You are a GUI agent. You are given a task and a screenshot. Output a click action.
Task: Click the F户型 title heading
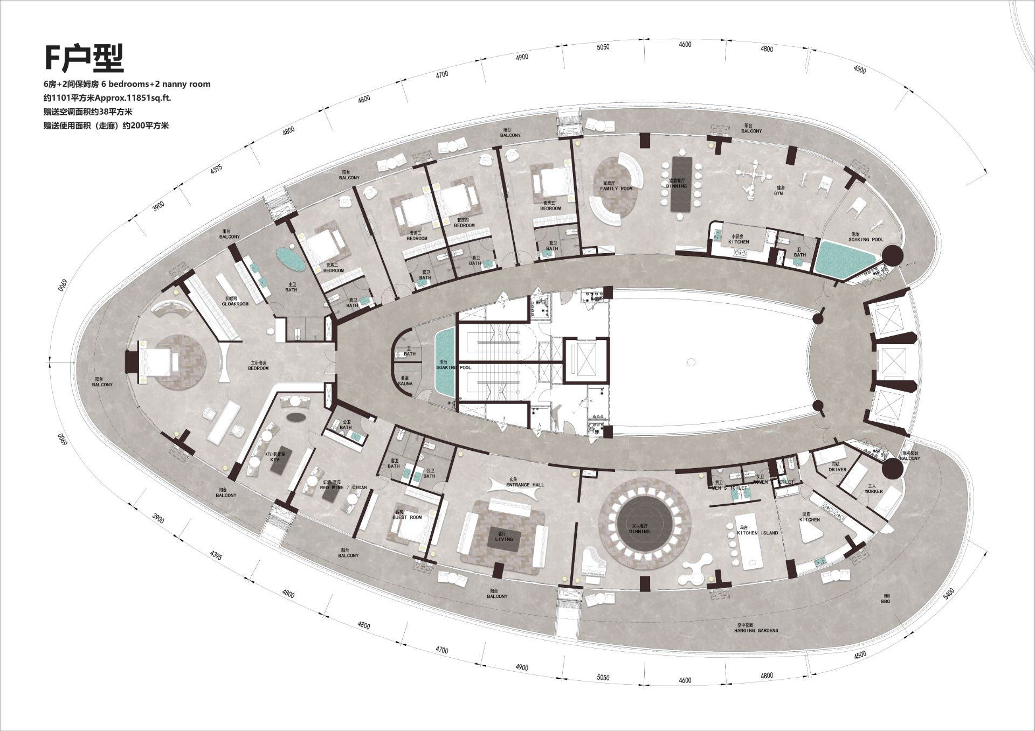point(84,58)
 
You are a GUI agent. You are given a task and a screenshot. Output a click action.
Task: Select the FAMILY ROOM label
point(617,189)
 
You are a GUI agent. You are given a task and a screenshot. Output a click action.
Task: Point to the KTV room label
point(275,461)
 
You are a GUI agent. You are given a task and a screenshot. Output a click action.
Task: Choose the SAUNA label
point(405,384)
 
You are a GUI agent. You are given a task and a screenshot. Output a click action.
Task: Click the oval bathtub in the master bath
point(291,259)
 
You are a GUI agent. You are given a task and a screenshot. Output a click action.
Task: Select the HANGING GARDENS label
point(756,630)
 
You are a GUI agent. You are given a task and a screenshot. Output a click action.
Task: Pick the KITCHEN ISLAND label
point(757,533)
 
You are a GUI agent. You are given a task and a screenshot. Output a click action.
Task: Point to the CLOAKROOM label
point(235,304)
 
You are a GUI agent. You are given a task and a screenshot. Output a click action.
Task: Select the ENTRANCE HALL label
point(525,485)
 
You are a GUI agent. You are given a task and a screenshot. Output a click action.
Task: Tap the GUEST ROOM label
point(407,517)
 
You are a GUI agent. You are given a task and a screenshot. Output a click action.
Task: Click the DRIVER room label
point(837,470)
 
